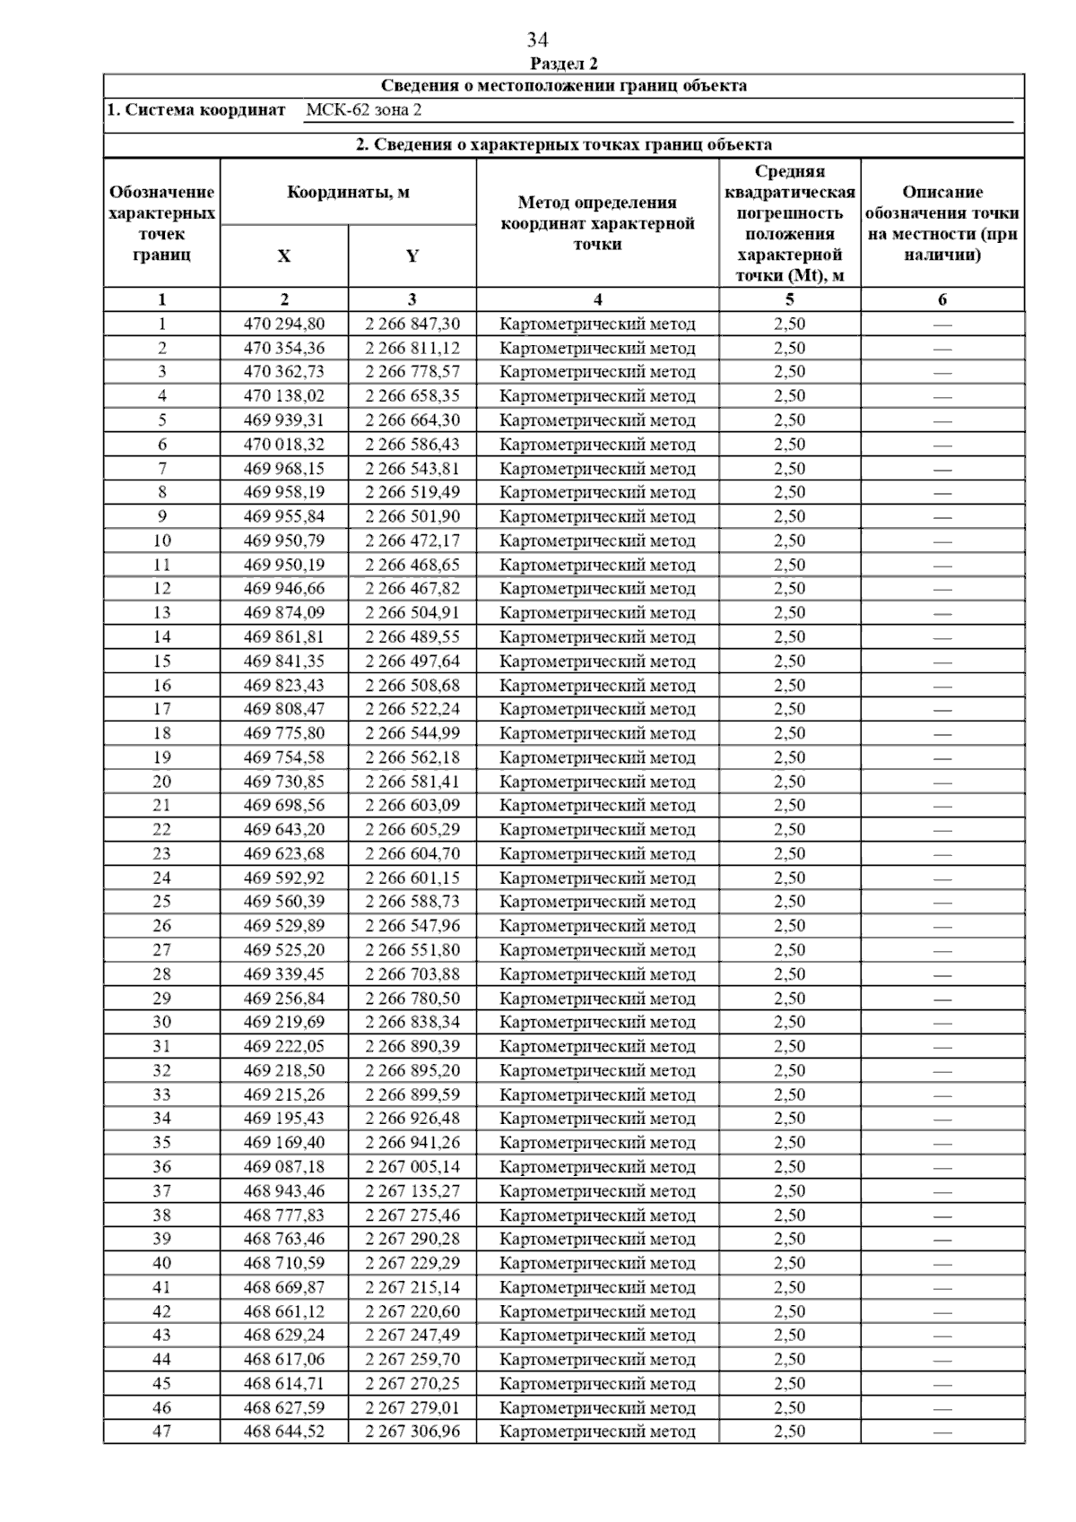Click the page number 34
point(537,40)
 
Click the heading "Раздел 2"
point(564,64)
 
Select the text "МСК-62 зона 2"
point(363,110)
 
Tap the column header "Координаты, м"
point(348,193)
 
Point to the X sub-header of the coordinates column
point(284,256)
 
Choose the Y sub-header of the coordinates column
point(412,256)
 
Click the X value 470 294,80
point(284,324)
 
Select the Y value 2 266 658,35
point(412,396)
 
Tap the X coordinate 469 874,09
point(284,613)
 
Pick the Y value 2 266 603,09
point(412,806)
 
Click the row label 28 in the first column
point(161,974)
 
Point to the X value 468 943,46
point(284,1191)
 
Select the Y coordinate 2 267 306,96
point(412,1431)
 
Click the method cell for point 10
point(597,540)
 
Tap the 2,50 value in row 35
point(789,1143)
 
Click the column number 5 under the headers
point(789,300)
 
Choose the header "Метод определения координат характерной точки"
point(597,223)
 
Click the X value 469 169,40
point(284,1143)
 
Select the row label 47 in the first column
point(161,1431)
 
